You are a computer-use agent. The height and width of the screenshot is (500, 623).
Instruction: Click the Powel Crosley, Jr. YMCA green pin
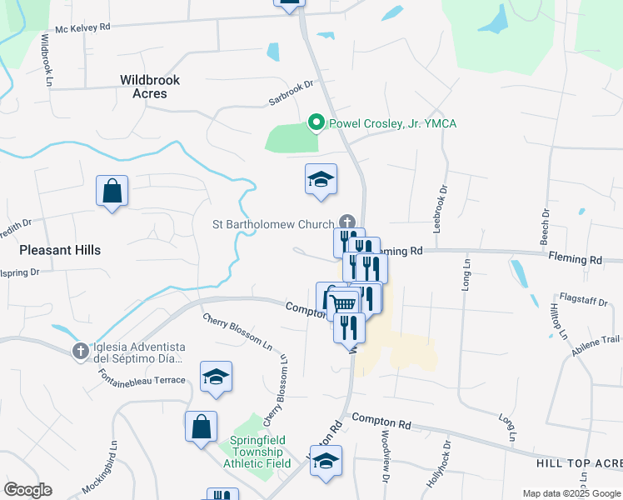tap(316, 123)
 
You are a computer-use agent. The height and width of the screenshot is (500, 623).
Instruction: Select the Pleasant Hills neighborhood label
tap(60, 250)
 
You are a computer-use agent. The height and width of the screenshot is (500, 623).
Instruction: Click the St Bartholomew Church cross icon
tap(347, 222)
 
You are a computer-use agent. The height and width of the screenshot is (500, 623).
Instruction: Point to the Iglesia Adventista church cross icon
tap(80, 352)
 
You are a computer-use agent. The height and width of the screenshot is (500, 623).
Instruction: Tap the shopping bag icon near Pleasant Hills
tap(112, 192)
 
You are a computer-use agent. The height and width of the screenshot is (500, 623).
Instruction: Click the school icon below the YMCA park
tap(321, 180)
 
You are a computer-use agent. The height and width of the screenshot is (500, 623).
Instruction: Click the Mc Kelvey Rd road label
tap(82, 27)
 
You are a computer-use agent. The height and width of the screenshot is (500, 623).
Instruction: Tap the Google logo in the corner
tap(27, 490)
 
